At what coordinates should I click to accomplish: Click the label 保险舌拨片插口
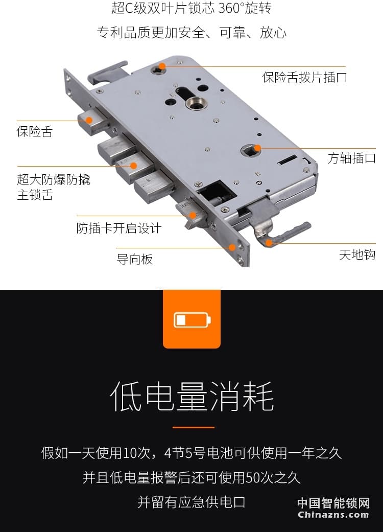click(x=304, y=77)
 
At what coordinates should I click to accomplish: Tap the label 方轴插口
click(x=351, y=158)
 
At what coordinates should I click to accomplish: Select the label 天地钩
click(x=357, y=255)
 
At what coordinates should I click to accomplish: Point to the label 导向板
click(x=134, y=259)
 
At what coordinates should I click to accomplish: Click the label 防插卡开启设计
click(x=118, y=228)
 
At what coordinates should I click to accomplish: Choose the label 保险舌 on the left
click(x=34, y=131)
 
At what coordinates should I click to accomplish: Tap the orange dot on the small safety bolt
click(x=89, y=121)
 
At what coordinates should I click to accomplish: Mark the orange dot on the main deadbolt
click(x=134, y=166)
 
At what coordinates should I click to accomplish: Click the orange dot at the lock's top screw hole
click(x=162, y=66)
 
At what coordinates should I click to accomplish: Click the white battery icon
click(x=192, y=320)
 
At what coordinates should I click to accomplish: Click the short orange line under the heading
click(x=193, y=427)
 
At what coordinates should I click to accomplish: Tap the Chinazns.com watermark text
click(x=333, y=515)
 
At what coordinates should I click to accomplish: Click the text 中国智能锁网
click(x=333, y=503)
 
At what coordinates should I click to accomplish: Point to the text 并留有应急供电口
click(x=192, y=502)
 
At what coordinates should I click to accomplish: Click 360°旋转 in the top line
click(x=245, y=9)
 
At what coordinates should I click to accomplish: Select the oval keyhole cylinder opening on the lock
click(x=188, y=94)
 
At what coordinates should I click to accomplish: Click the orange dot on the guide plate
click(x=232, y=247)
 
